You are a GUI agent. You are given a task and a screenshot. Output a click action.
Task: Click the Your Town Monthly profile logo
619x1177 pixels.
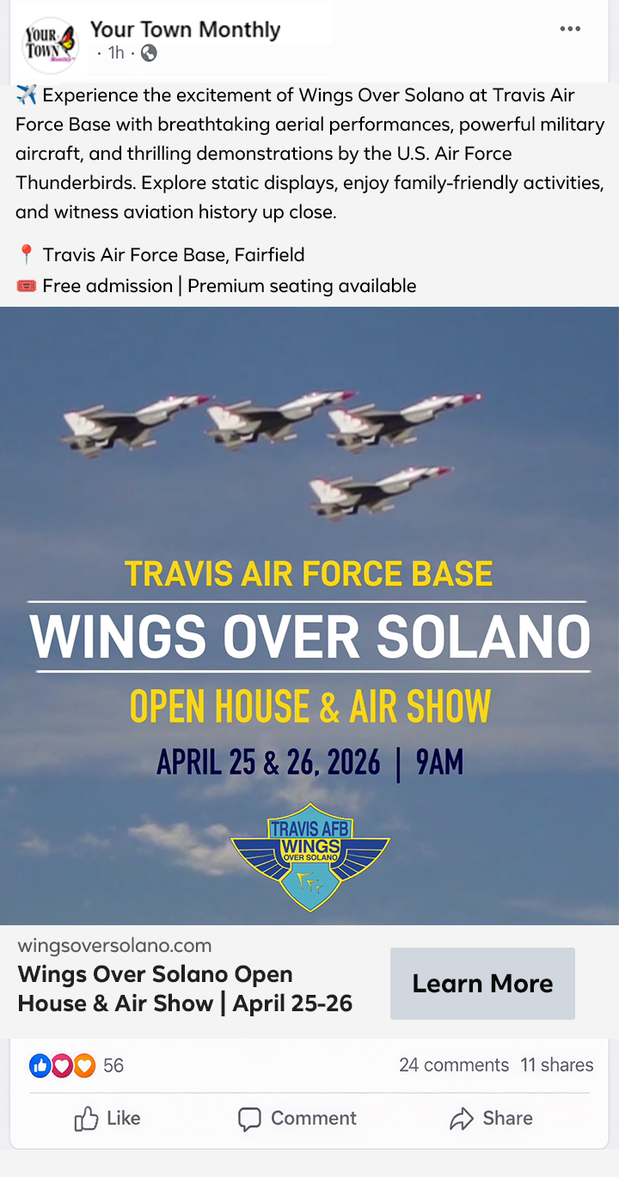click(51, 46)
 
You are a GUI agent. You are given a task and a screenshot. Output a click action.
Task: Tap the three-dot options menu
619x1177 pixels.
click(570, 29)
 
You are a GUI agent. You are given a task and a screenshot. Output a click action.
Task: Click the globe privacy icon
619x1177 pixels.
click(149, 53)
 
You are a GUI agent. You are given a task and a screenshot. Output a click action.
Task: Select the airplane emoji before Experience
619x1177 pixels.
click(26, 95)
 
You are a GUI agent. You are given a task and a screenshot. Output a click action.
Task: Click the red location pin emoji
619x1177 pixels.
click(26, 255)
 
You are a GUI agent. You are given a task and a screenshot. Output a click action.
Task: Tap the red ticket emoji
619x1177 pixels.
click(27, 286)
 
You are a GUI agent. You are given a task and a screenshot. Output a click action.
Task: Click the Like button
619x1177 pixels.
click(107, 1119)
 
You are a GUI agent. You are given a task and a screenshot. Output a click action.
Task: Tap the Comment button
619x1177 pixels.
click(297, 1119)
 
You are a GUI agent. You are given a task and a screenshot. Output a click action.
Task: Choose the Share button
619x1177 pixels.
click(491, 1119)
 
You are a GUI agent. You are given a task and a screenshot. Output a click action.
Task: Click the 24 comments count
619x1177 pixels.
click(454, 1065)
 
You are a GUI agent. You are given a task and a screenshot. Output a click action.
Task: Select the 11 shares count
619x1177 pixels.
click(557, 1065)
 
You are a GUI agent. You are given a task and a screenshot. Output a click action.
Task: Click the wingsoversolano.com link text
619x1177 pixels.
click(114, 946)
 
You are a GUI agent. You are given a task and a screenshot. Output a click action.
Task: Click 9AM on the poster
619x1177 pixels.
click(439, 762)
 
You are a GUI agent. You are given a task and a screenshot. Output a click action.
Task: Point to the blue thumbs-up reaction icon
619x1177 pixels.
click(40, 1065)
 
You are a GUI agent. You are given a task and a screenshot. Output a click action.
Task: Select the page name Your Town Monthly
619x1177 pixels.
click(185, 30)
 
